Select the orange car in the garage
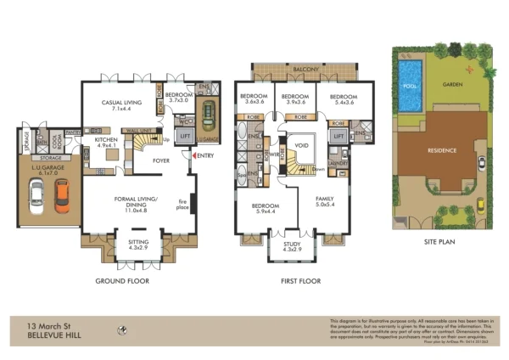tap(61, 195)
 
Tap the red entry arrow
tap(195, 155)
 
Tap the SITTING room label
tap(138, 245)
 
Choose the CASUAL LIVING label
tap(120, 104)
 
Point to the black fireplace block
tap(193, 204)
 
